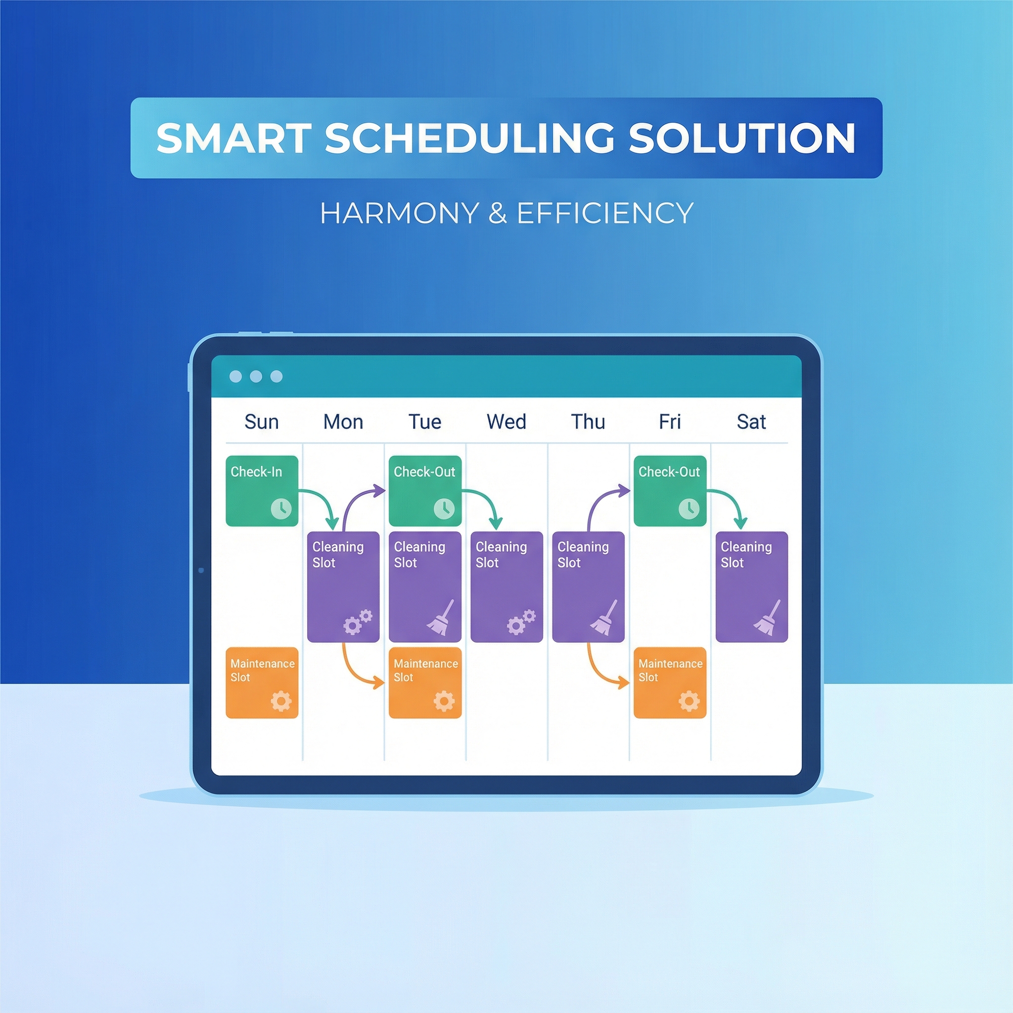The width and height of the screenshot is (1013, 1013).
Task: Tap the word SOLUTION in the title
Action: click(742, 138)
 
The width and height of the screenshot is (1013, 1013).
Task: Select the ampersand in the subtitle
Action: click(497, 213)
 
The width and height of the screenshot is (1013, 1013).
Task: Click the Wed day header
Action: click(506, 422)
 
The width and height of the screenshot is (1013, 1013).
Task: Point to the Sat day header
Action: click(751, 422)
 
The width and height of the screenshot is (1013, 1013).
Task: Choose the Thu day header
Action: click(588, 422)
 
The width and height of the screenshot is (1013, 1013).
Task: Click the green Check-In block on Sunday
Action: click(262, 490)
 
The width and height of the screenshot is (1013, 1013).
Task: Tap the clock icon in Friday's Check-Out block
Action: click(689, 508)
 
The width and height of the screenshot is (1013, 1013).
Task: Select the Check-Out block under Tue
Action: click(425, 490)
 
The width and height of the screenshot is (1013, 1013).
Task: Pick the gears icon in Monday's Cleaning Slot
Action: click(358, 622)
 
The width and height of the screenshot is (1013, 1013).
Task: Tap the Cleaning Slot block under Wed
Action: click(506, 586)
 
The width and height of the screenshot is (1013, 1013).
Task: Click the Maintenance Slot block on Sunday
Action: click(262, 682)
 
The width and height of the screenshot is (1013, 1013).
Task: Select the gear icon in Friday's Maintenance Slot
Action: click(689, 701)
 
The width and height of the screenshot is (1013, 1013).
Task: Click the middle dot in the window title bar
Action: click(256, 376)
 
